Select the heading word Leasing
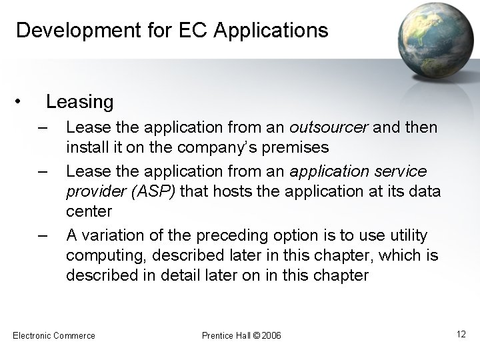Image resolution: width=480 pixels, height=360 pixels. click(x=79, y=102)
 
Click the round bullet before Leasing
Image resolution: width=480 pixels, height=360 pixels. click(x=22, y=102)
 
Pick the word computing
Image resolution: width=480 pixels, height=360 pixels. click(x=105, y=255)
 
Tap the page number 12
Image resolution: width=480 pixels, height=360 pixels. click(x=461, y=333)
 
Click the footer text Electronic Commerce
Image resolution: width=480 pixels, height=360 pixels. click(x=54, y=335)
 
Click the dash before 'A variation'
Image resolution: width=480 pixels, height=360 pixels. click(x=44, y=235)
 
